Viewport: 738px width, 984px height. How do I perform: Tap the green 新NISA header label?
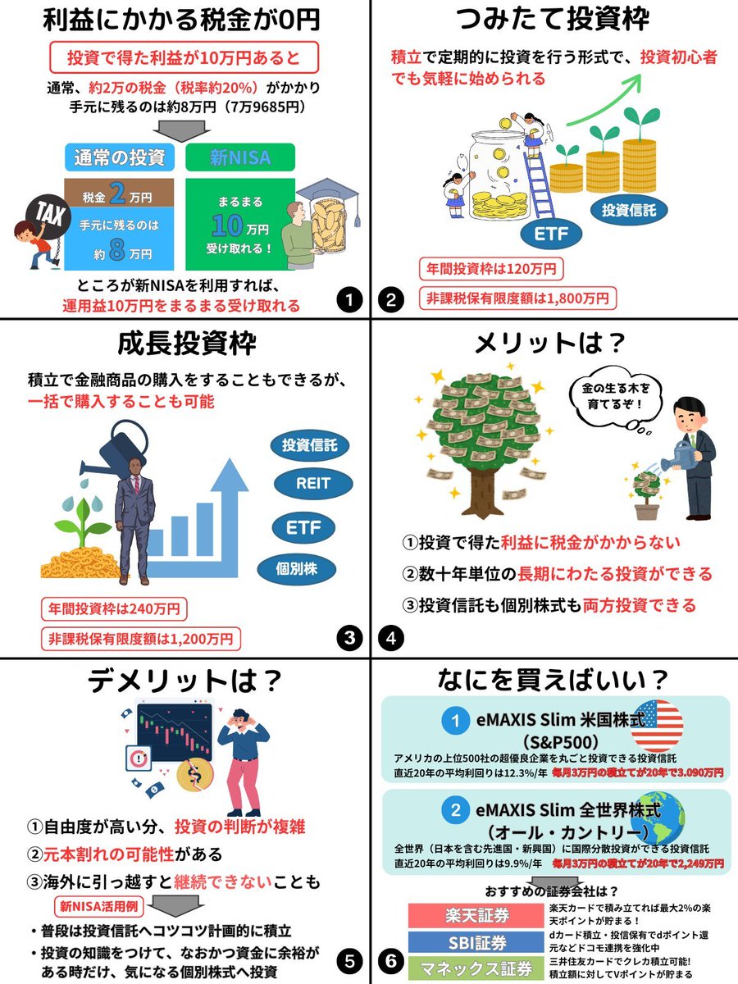240,157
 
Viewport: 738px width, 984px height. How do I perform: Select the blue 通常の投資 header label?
119,157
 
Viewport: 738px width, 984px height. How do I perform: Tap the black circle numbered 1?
349,300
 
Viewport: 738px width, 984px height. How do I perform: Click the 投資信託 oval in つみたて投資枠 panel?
629,210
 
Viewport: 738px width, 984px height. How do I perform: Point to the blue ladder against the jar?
540,184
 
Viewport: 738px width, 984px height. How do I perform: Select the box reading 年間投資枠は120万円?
491,269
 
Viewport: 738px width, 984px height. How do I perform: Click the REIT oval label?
312,483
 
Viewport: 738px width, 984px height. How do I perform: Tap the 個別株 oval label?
296,569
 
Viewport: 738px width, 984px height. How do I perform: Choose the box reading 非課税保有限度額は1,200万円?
141,639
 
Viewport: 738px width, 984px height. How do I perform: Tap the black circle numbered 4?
391,638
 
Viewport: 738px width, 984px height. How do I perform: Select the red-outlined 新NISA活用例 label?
99,906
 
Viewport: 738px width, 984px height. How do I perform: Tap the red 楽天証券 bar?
476,915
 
